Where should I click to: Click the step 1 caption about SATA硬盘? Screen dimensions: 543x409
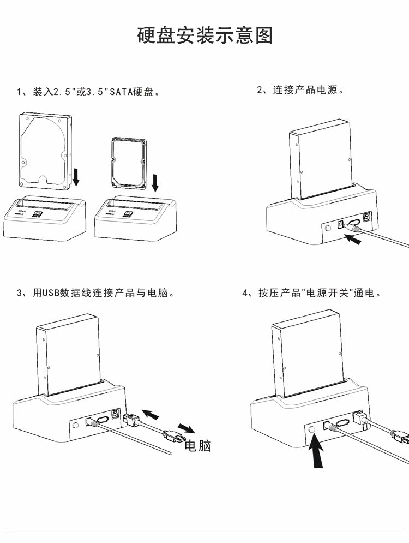click(x=88, y=92)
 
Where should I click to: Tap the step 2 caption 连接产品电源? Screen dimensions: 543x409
click(x=300, y=90)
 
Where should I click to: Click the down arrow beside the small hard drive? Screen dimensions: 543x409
click(x=155, y=183)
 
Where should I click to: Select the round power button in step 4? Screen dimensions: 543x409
click(x=312, y=429)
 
